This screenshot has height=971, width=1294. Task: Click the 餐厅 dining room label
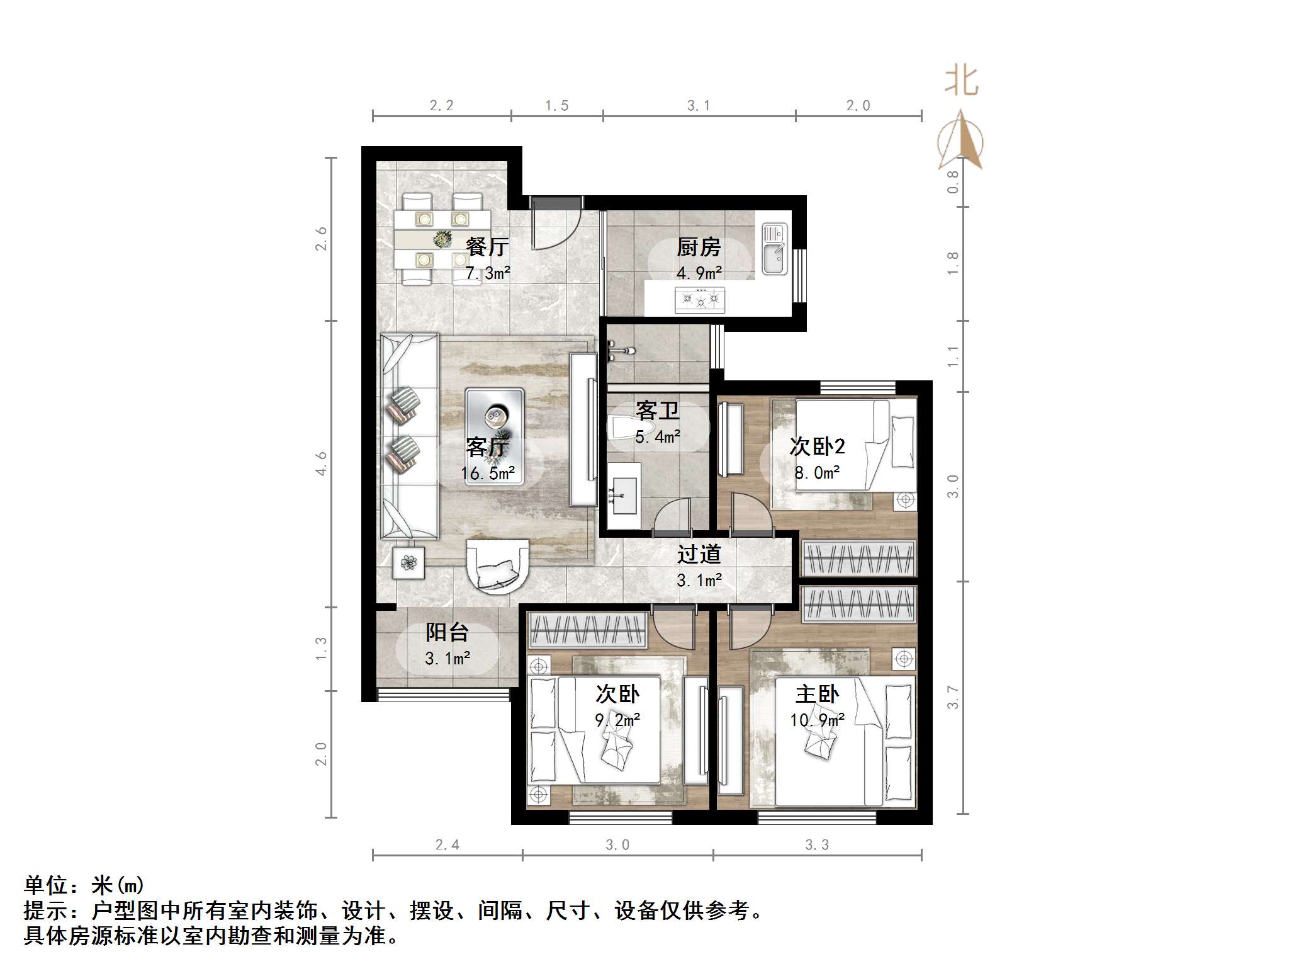(487, 247)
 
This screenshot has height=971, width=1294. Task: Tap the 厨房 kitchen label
(698, 247)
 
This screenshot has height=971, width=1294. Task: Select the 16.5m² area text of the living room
(488, 474)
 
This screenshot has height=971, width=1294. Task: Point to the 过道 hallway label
(699, 554)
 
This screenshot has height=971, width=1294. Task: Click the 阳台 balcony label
(447, 632)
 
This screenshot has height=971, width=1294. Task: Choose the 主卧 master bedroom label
(817, 694)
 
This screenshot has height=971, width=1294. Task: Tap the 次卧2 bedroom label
(817, 446)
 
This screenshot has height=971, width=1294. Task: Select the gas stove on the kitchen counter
(700, 299)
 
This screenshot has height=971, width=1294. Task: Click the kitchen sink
(775, 250)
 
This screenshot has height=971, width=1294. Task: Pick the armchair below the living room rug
(497, 565)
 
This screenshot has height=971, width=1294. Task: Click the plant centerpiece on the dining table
(443, 239)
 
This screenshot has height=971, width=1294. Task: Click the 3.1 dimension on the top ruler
(699, 106)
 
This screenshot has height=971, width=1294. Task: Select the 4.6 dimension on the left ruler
(322, 463)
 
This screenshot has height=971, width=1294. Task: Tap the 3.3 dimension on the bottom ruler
(817, 845)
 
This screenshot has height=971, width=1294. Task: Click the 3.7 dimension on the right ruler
(954, 698)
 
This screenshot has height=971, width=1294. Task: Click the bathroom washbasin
(624, 496)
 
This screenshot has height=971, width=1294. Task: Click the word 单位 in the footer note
(46, 885)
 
